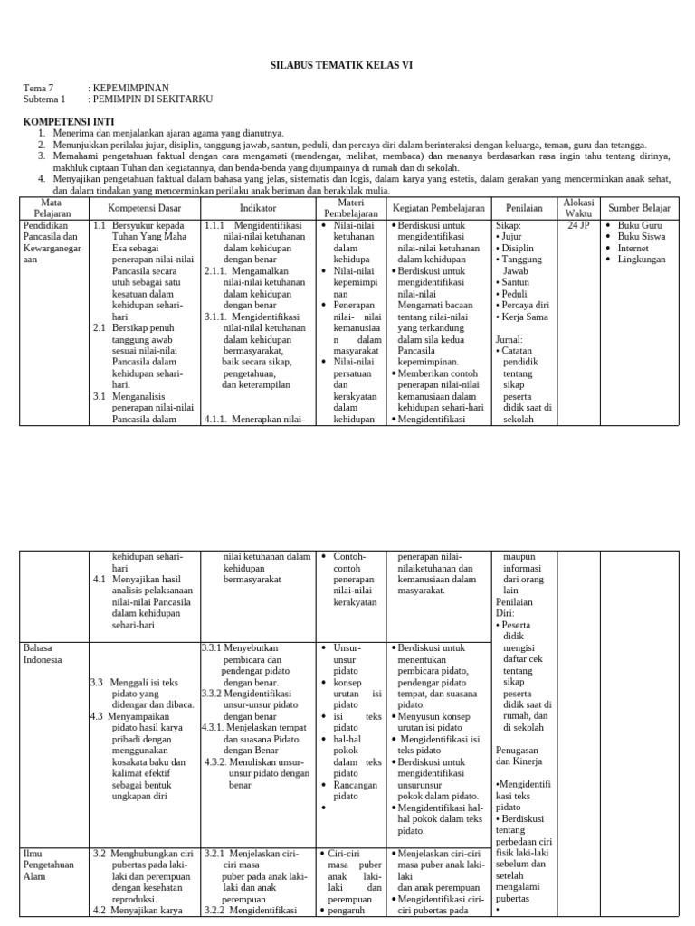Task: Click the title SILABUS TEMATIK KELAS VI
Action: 347,66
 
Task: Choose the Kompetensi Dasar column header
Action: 145,208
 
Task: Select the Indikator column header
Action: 257,208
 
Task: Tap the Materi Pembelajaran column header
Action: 349,207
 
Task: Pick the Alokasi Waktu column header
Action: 577,207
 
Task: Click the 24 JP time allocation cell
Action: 577,225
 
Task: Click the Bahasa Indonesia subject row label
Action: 43,654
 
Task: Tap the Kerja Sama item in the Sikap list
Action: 526,317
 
